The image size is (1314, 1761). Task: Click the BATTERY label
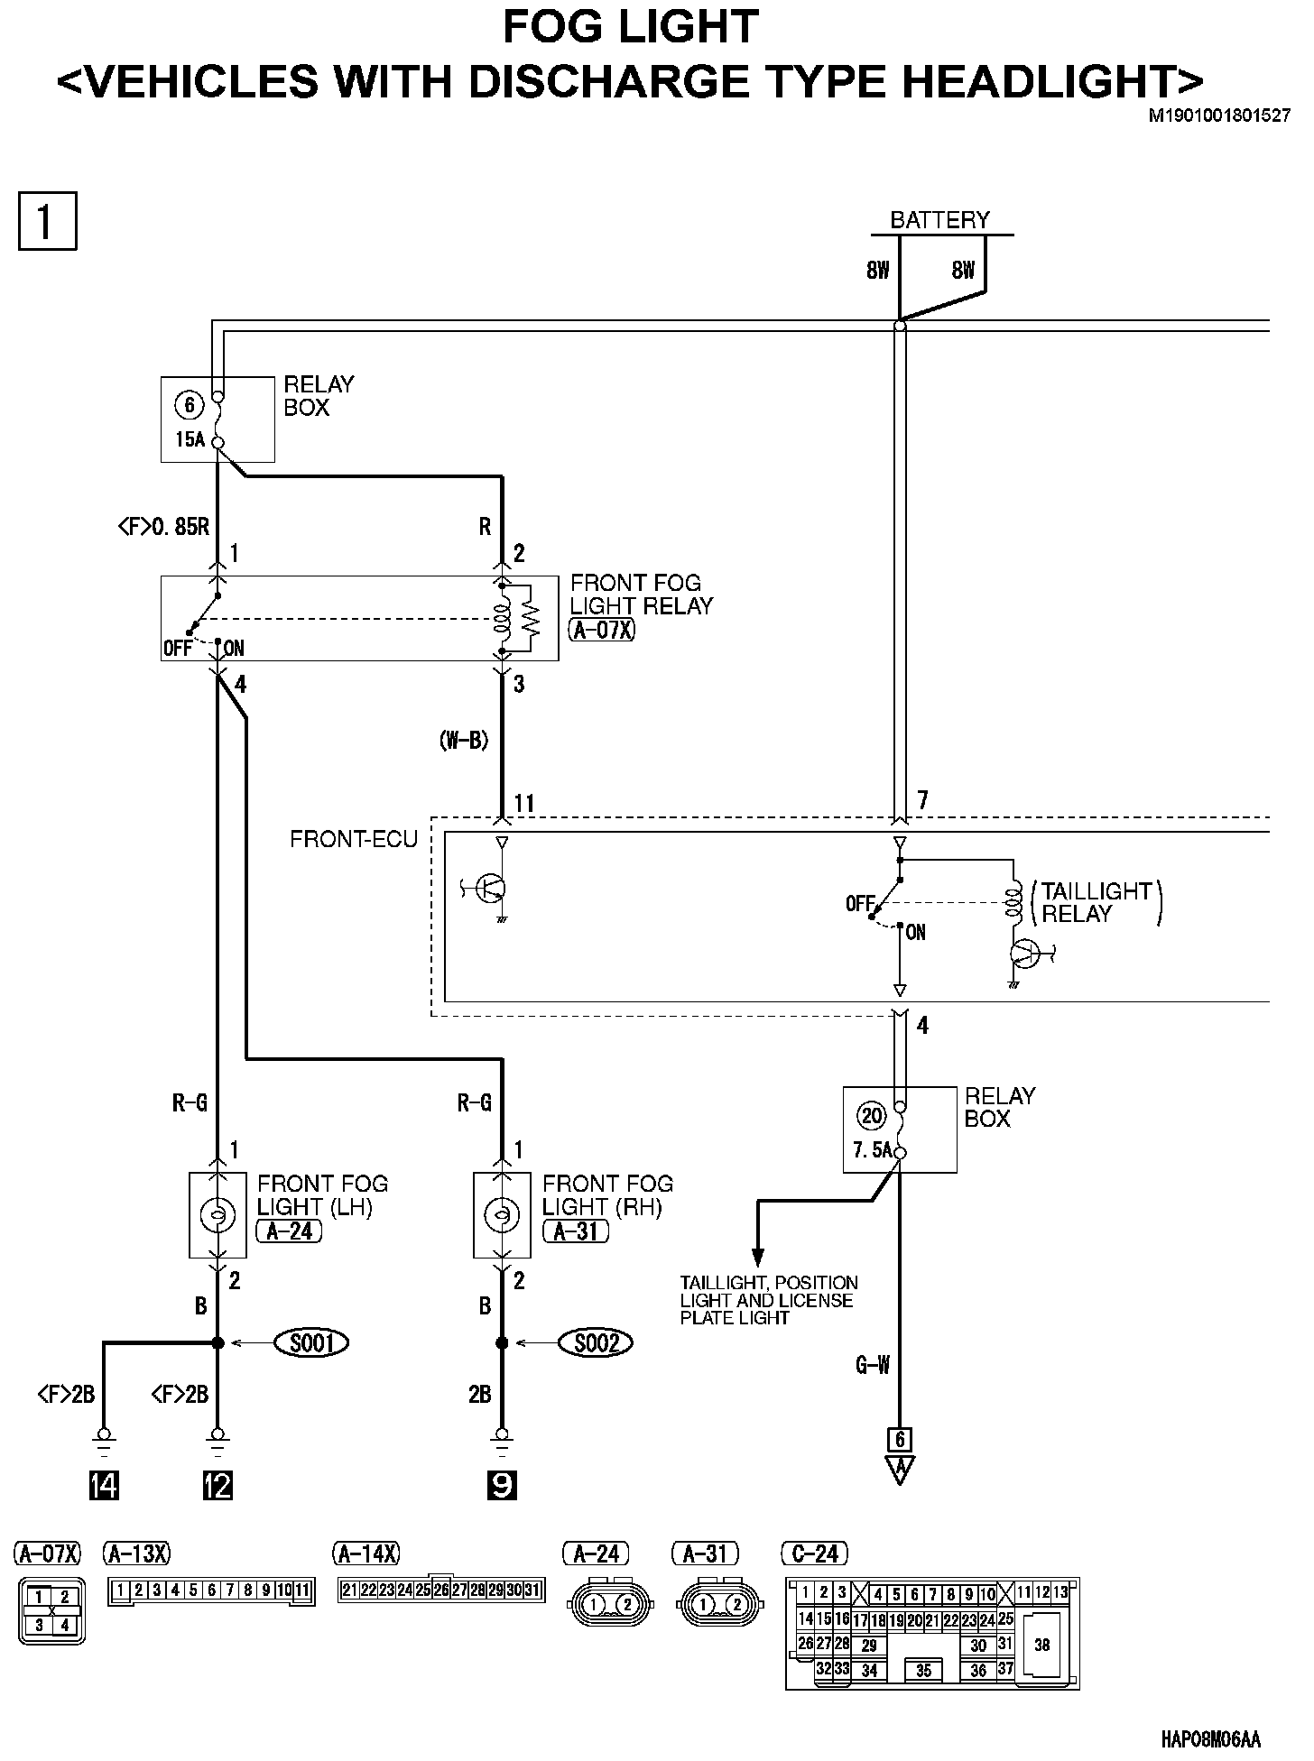click(939, 220)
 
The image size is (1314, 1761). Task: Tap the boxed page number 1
click(48, 220)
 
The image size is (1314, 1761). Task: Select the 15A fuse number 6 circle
click(190, 406)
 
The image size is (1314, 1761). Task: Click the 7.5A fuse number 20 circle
click(872, 1116)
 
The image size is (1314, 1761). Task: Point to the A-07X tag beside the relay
click(603, 630)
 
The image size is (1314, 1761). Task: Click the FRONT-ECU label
click(354, 840)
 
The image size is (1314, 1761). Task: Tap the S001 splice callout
click(312, 1343)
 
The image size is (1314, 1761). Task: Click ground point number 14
click(105, 1485)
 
